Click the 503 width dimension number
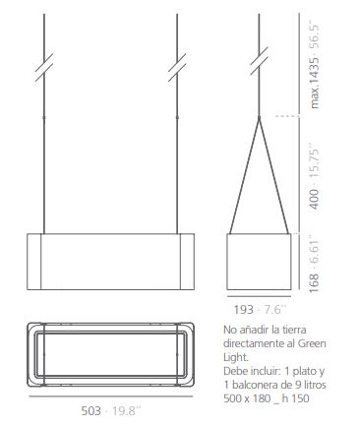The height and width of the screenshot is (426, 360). (91, 410)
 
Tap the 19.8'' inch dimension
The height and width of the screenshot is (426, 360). (126, 410)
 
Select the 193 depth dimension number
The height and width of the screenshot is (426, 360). (243, 309)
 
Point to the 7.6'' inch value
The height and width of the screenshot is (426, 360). (273, 309)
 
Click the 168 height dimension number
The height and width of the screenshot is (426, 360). (314, 283)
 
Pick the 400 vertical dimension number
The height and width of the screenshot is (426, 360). (314, 199)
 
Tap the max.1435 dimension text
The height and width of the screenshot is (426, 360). (314, 83)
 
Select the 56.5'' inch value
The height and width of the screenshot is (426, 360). (314, 36)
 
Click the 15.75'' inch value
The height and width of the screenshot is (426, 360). (314, 163)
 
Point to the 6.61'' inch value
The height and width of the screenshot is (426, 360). (314, 250)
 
